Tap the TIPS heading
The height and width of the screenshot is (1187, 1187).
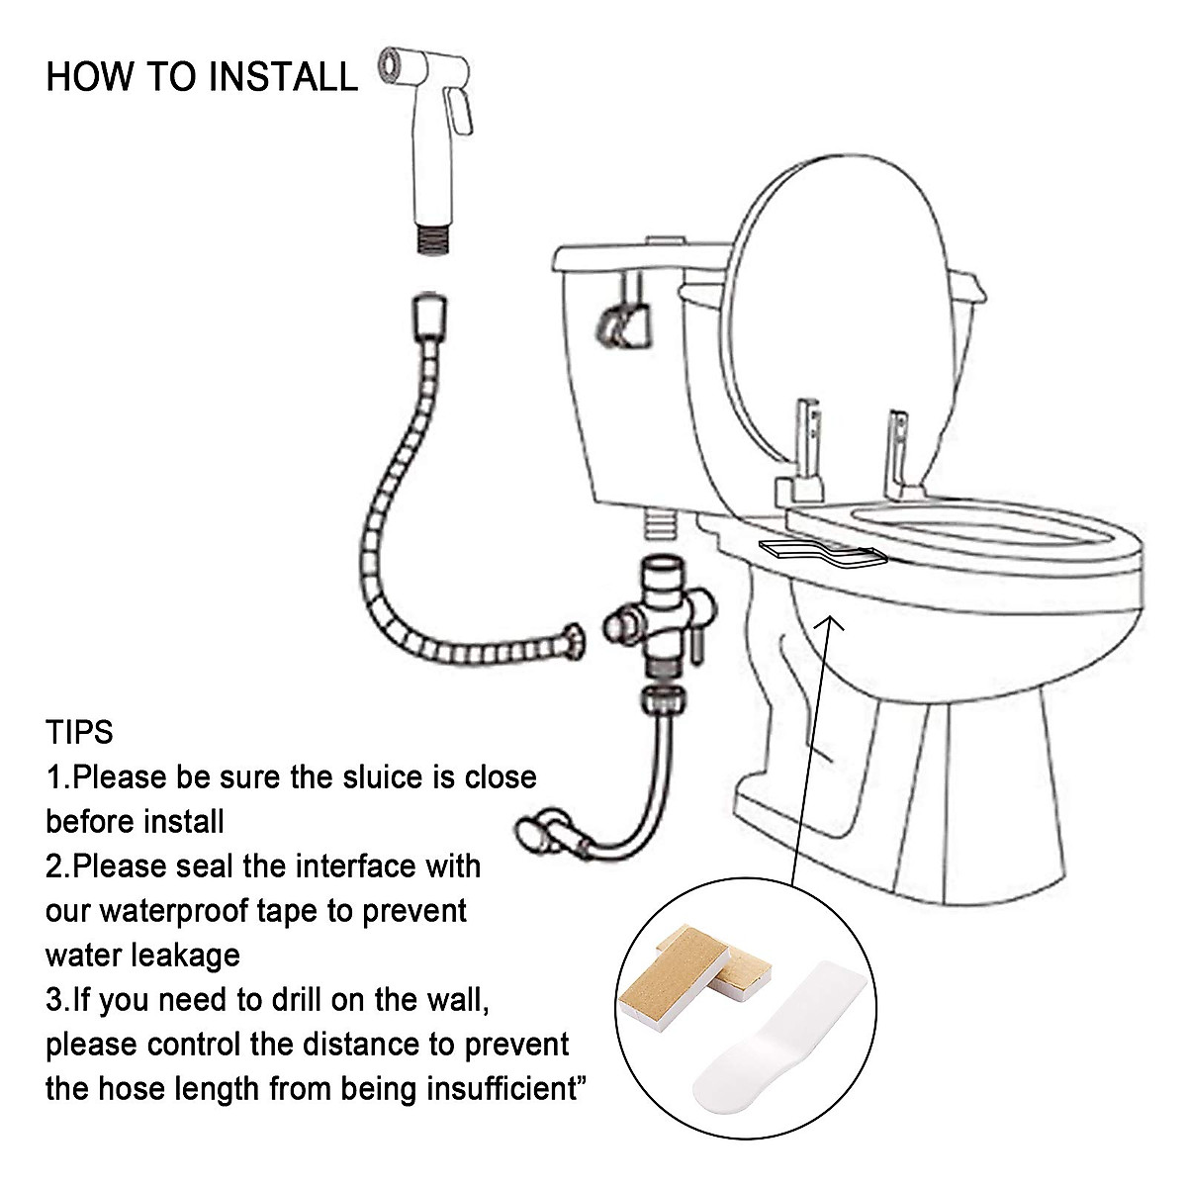pyautogui.click(x=79, y=733)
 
